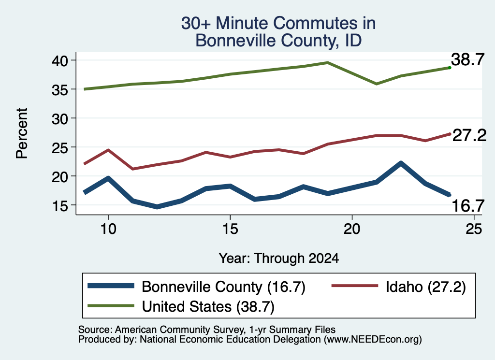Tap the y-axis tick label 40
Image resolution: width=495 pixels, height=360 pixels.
(60, 60)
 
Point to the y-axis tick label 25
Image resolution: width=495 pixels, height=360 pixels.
(60, 147)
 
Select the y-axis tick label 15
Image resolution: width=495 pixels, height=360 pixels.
(60, 206)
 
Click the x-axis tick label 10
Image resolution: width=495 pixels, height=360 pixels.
(108, 229)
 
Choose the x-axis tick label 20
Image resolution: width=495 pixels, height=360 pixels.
(352, 229)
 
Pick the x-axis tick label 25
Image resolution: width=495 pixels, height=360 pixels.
(474, 229)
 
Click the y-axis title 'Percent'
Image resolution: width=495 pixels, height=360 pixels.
(22, 133)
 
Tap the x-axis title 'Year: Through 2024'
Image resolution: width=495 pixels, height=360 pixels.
(279, 259)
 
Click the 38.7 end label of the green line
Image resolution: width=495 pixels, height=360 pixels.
(467, 59)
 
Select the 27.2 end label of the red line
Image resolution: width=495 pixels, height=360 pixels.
(469, 136)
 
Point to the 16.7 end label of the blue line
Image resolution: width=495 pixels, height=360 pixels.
(468, 206)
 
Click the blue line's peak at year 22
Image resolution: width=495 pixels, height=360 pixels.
(401, 163)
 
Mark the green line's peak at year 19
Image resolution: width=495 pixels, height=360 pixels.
(328, 63)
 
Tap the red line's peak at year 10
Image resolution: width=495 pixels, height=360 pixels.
(108, 150)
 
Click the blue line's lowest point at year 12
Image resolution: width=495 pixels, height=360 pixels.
(157, 207)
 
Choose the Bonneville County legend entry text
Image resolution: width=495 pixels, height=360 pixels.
(223, 287)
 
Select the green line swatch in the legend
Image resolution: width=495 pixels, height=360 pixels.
(111, 305)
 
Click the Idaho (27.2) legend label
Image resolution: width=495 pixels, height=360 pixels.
(425, 287)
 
